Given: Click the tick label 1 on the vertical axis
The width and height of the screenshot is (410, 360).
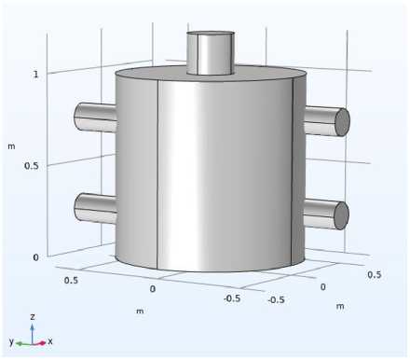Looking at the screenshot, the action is point(36,75).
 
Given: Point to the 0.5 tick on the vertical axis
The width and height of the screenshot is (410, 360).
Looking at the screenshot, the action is point(32,166).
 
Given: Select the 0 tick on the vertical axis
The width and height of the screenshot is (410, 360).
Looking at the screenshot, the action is point(35,257).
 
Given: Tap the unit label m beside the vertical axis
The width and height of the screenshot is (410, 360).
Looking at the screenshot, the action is point(11,146).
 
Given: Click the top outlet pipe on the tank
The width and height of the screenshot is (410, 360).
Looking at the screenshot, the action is point(211,53).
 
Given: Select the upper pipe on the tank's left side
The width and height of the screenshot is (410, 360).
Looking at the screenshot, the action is point(95,118).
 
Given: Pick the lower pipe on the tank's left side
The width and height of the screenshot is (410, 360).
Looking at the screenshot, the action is point(95,208).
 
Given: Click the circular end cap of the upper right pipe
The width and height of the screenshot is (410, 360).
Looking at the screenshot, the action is point(343,122).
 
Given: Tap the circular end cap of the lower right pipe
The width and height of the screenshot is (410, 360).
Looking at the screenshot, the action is point(342,215).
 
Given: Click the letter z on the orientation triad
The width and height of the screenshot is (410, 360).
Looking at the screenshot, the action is point(33,317).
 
